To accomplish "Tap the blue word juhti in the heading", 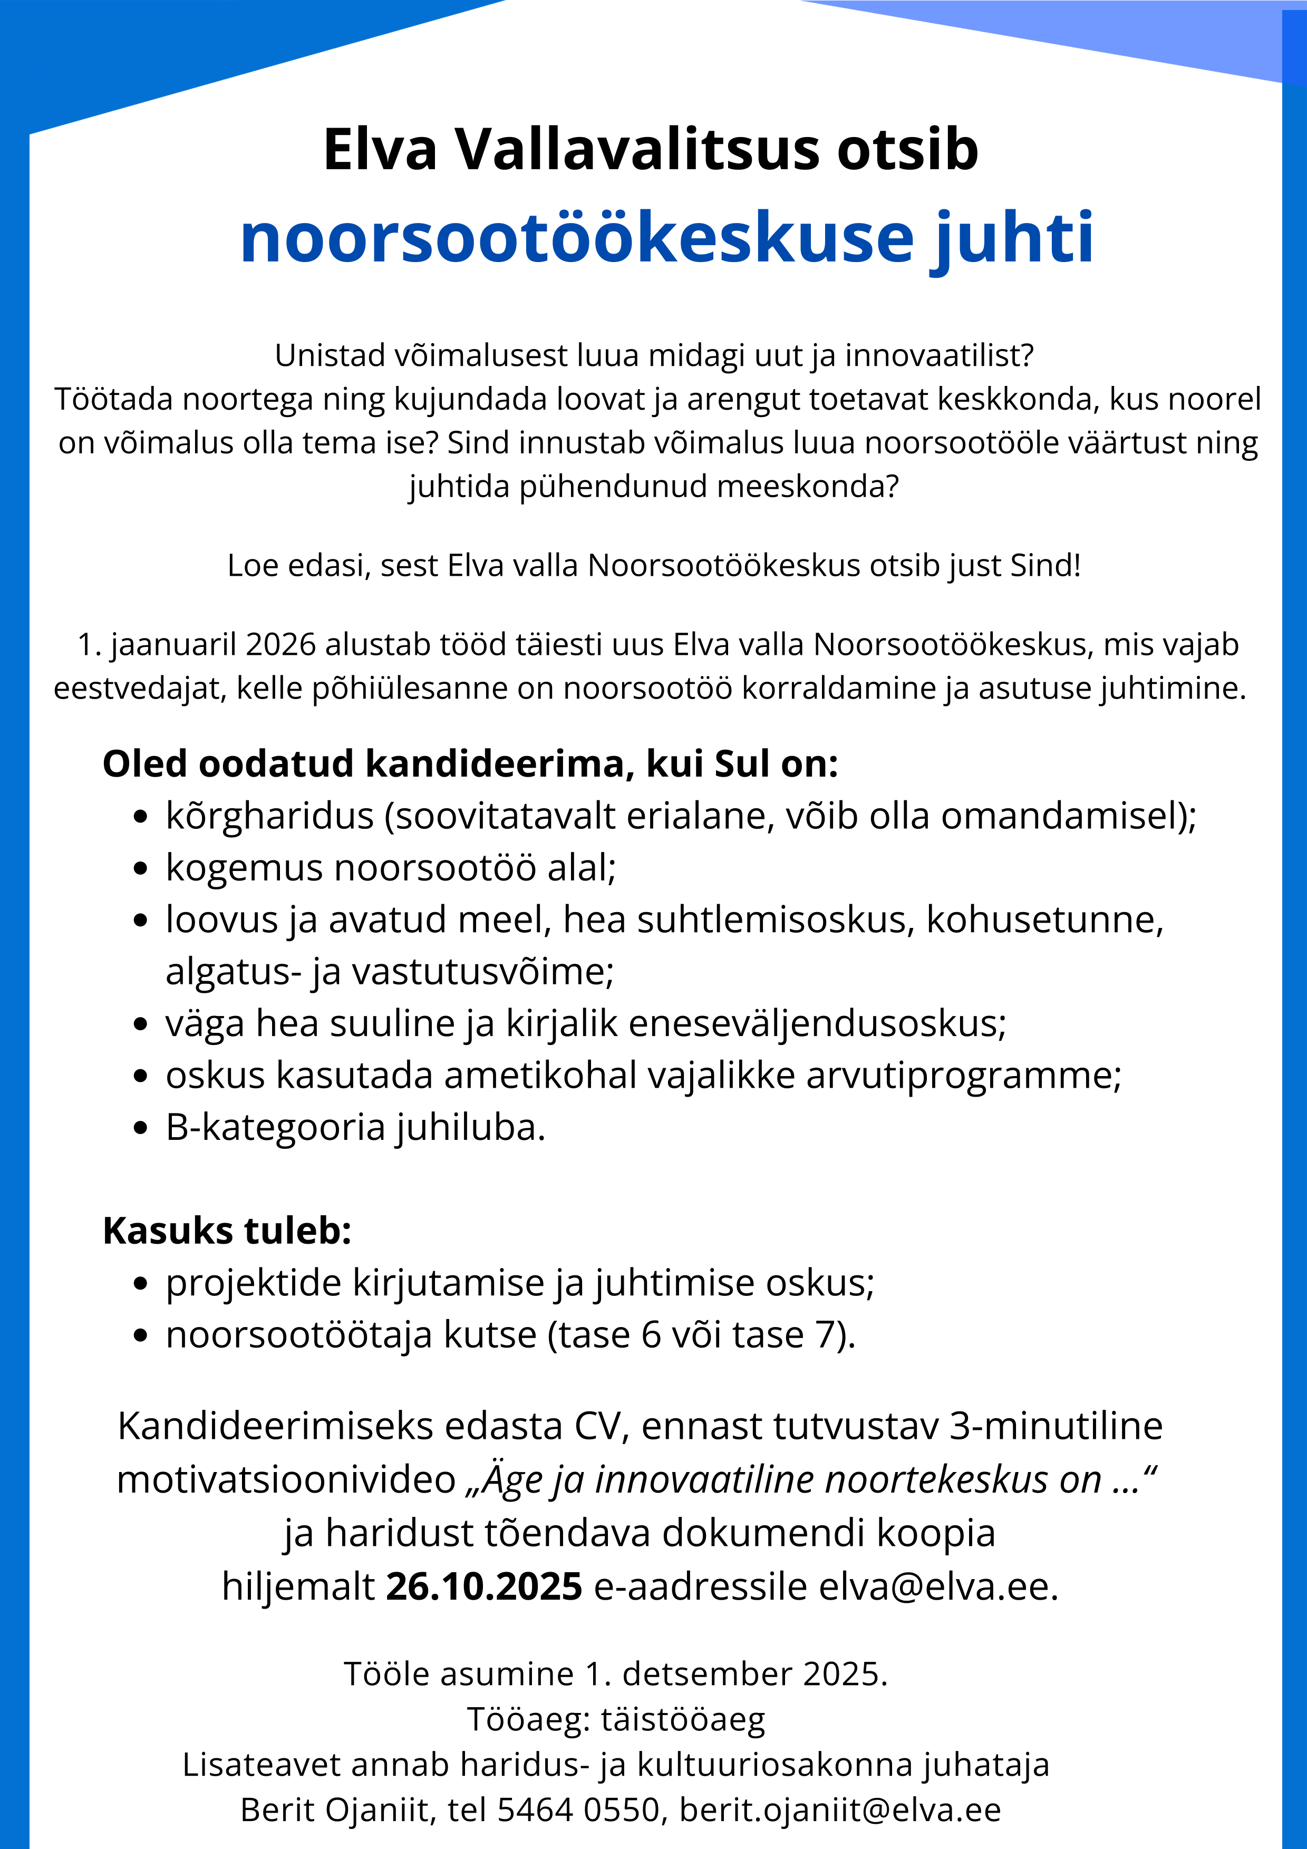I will (x=1013, y=238).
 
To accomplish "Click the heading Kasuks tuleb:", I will (x=227, y=1231).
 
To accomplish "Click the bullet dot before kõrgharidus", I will (x=141, y=817).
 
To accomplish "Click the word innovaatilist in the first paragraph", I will (x=938, y=355).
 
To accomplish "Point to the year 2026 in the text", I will (x=280, y=645).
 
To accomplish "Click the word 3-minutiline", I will (x=1056, y=1426).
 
